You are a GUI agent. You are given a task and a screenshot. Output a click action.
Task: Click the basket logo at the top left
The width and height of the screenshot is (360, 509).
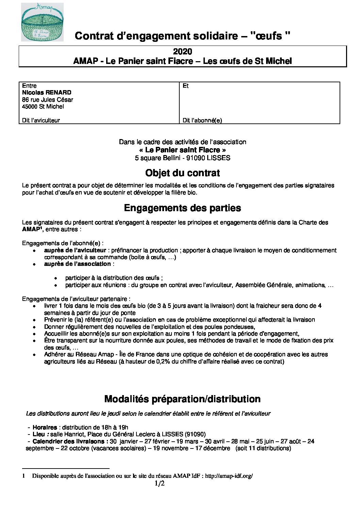click(42, 22)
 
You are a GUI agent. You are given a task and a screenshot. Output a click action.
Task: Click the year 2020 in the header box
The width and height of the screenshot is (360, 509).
click(182, 52)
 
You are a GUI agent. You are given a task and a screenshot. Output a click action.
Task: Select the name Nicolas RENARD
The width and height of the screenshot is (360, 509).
click(47, 92)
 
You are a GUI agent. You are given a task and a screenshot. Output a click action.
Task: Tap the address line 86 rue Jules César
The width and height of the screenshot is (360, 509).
click(47, 100)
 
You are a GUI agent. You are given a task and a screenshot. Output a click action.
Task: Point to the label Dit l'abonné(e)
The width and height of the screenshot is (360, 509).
click(202, 120)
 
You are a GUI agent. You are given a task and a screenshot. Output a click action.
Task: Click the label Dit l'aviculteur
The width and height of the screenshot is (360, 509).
click(41, 120)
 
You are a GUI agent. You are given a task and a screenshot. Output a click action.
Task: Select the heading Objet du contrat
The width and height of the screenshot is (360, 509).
click(182, 173)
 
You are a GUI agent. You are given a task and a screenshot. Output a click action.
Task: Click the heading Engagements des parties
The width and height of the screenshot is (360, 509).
click(182, 208)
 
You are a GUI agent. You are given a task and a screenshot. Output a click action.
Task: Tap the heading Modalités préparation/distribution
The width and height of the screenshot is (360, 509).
click(182, 399)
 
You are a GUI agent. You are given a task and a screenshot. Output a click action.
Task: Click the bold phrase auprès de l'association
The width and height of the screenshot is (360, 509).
click(77, 264)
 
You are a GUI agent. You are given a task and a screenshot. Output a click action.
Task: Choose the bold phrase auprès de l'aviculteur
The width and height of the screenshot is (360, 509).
click(75, 250)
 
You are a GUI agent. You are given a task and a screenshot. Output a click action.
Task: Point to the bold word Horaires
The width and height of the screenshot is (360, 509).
click(45, 427)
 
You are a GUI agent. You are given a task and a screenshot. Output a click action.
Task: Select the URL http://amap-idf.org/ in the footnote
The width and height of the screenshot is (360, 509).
click(229, 476)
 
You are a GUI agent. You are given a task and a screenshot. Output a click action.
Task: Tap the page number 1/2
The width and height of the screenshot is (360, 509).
click(160, 483)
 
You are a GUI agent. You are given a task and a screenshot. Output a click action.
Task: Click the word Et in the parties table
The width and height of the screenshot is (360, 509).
click(185, 86)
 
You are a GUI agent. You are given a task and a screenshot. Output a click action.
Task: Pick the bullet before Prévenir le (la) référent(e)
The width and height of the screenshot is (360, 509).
click(34, 320)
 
